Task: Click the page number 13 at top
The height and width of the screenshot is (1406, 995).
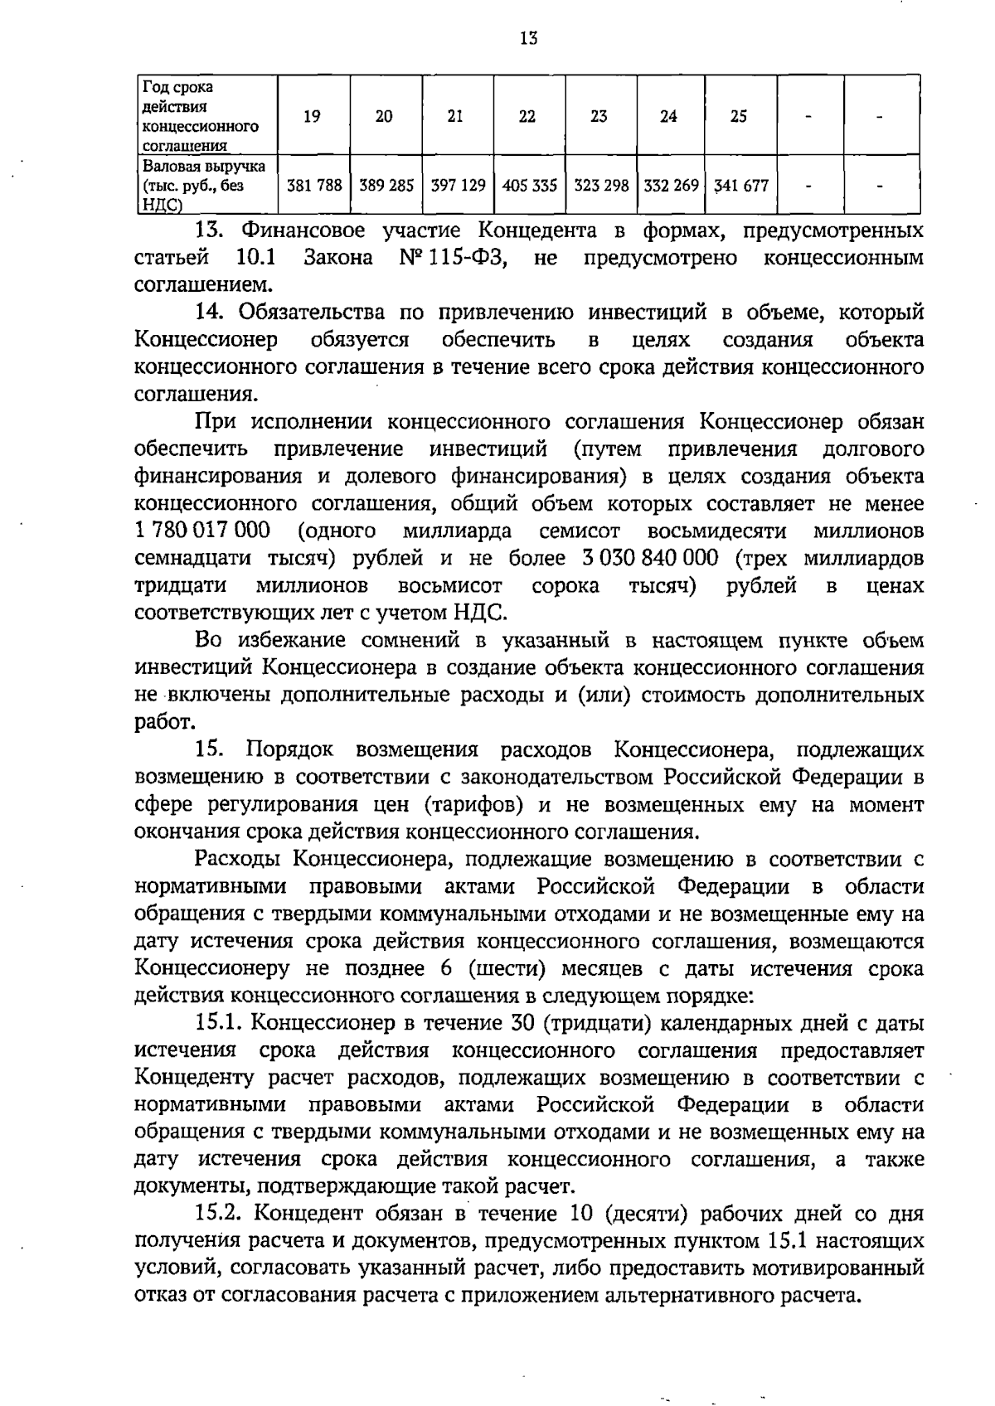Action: [529, 37]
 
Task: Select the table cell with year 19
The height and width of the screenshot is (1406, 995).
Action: [312, 117]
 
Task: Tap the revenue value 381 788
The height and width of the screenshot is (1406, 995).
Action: [314, 187]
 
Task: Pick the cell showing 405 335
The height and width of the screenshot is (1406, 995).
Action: [529, 187]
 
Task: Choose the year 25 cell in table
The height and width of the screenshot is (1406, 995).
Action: [738, 117]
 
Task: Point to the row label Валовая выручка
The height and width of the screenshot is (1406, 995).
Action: [205, 167]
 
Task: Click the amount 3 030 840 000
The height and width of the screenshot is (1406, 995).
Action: [651, 558]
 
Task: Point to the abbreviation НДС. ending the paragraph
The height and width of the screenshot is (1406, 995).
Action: [479, 613]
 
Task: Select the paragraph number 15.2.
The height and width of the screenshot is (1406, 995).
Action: [220, 1214]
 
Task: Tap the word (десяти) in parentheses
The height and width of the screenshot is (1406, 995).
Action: [644, 1214]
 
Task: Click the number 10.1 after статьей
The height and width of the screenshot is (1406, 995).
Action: [255, 258]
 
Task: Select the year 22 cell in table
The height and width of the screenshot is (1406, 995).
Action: [527, 117]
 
